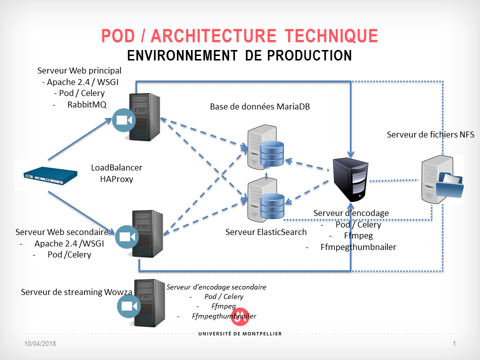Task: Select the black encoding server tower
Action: [x=351, y=177]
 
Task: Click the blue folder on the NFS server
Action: [x=449, y=186]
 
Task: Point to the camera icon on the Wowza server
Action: [x=128, y=306]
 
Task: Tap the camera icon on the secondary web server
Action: [x=126, y=236]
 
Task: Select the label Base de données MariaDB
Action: [x=259, y=106]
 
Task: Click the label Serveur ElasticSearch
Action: [x=259, y=232]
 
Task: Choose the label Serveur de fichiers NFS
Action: [x=430, y=134]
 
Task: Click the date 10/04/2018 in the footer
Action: [x=40, y=344]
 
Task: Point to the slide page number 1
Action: [x=454, y=344]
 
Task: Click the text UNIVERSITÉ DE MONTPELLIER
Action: [x=240, y=333]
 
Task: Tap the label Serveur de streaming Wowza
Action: [x=76, y=292]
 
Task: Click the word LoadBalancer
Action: [x=116, y=167]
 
